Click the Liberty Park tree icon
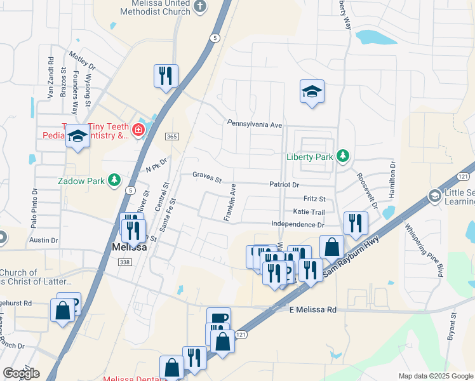click(343, 156)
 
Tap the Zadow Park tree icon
click(114, 181)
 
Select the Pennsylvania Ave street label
click(255, 124)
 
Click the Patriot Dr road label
click(284, 184)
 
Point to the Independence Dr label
click(297, 225)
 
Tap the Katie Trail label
click(309, 212)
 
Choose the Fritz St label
click(314, 199)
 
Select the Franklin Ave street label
click(230, 203)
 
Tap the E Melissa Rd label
click(312, 309)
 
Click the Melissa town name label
click(130, 248)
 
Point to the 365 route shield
click(171, 137)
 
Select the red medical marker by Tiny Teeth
click(138, 131)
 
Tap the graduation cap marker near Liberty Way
click(312, 91)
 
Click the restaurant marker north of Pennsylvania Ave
click(166, 76)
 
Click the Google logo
click(21, 373)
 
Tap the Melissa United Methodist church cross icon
click(201, 7)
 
